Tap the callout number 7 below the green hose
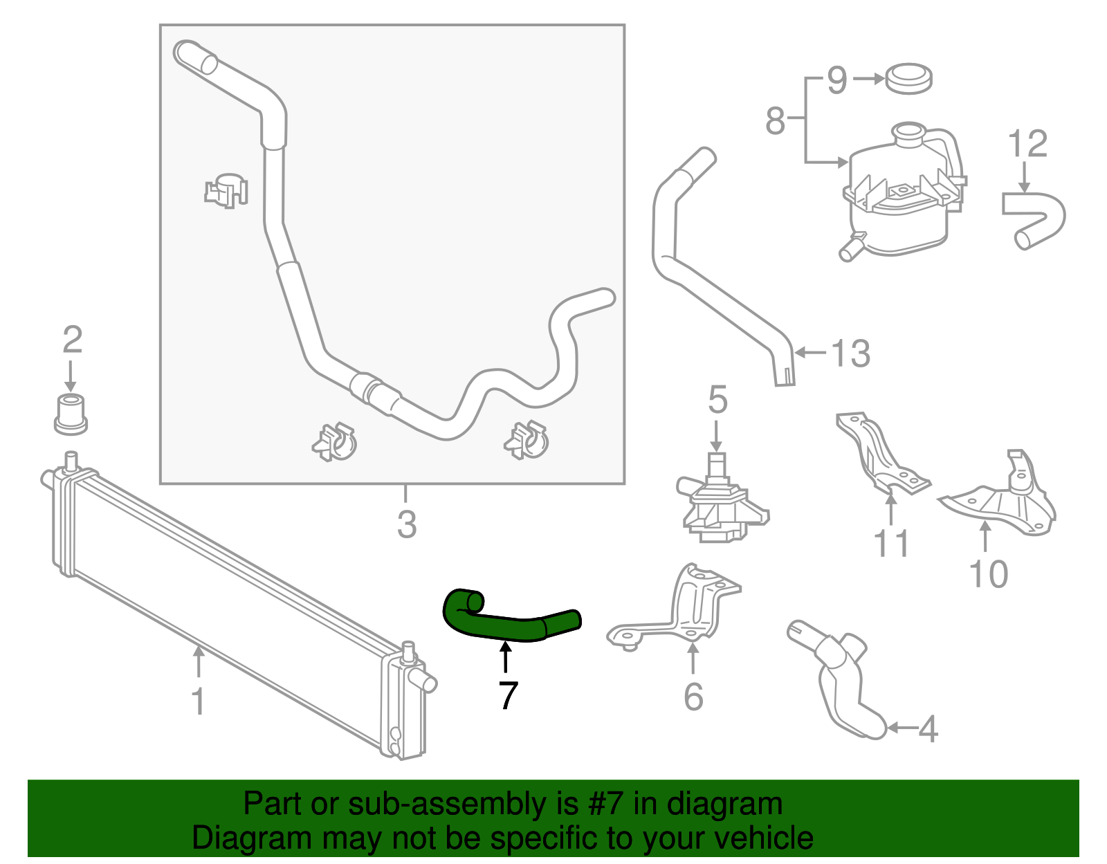click(x=508, y=695)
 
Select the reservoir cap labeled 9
click(x=908, y=78)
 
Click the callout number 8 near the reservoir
click(x=775, y=121)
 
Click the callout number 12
click(x=1027, y=145)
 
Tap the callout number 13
click(x=850, y=353)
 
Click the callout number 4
click(x=927, y=728)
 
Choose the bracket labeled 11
click(x=882, y=457)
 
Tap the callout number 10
click(x=988, y=574)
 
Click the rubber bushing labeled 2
click(x=70, y=413)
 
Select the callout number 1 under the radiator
click(x=198, y=701)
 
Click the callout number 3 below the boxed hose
click(x=407, y=524)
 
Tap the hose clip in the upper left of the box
click(x=227, y=190)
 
